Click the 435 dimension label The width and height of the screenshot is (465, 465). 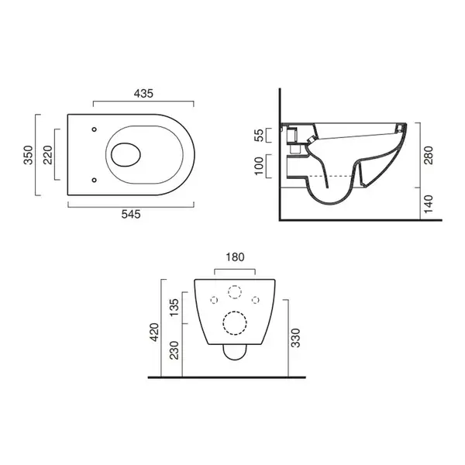[x=143, y=94]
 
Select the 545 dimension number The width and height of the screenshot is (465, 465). [x=131, y=214]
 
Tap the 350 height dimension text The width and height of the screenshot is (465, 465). [x=29, y=155]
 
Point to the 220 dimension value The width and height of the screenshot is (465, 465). [x=47, y=155]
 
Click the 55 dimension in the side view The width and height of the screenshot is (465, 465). [x=259, y=135]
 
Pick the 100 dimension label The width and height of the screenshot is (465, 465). [x=259, y=166]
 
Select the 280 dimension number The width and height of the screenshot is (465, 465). [x=429, y=155]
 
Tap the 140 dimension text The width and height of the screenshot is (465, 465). [x=429, y=204]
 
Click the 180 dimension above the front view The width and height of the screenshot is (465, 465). [x=235, y=257]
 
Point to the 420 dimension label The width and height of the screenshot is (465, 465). [x=155, y=332]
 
